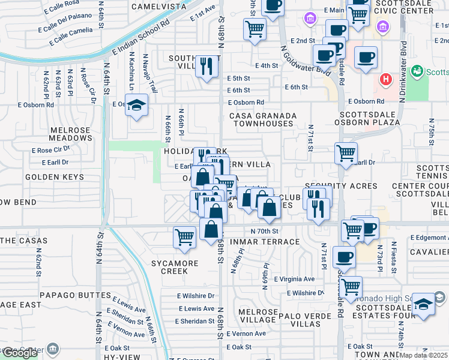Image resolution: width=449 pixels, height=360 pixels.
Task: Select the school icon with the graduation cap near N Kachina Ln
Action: (137, 106)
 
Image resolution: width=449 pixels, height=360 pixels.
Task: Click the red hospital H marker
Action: (387, 79)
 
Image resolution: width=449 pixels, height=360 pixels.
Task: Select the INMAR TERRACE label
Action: (265, 242)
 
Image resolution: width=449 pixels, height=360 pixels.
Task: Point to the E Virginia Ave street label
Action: (294, 279)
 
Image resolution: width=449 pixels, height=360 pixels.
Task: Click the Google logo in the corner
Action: (20, 352)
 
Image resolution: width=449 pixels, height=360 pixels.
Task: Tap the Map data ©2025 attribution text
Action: (424, 356)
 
